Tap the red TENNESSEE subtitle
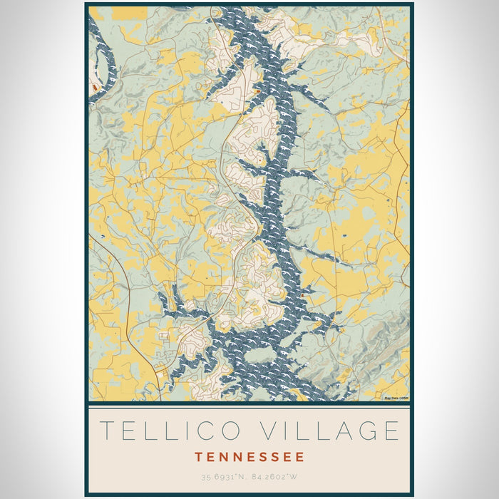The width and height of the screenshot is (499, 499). tap(249, 457)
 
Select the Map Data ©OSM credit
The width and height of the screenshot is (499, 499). tap(396, 398)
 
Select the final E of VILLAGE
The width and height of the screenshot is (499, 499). tap(391, 431)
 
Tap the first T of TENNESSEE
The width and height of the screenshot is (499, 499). tap(198, 457)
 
